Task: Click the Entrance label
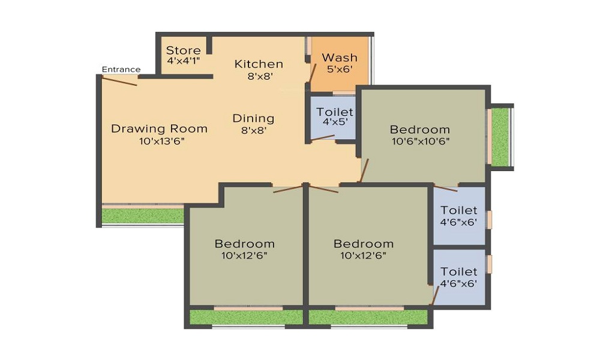tap(121, 69)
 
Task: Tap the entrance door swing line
tap(119, 81)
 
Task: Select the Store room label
tap(183, 50)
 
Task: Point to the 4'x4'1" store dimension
tap(183, 61)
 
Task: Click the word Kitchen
tap(259, 64)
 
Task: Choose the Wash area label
tap(340, 58)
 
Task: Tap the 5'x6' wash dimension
tap(339, 69)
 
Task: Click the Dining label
tap(253, 118)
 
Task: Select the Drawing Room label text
tap(159, 128)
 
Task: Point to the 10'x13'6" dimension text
tap(162, 141)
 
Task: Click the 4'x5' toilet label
tap(334, 122)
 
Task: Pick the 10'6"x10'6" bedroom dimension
tap(421, 141)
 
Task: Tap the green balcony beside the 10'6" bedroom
tap(501, 137)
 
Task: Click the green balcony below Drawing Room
tap(143, 216)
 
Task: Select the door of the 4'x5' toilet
tap(322, 138)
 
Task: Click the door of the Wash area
tap(312, 73)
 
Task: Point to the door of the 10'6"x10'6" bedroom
tap(364, 170)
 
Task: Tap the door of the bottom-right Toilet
tap(436, 295)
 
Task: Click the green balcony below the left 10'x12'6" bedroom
tap(247, 317)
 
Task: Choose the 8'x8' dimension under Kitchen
tap(260, 76)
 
